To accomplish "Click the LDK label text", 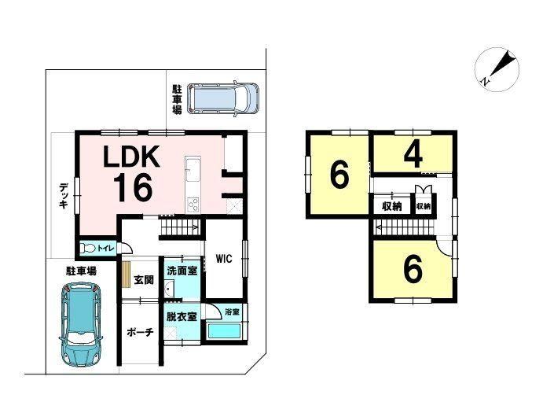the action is coord(131,157).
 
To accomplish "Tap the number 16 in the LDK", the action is coord(133,188).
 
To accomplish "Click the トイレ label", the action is coord(105,249).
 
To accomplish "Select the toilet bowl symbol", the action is coord(87,249).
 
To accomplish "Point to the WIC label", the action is coord(224,259).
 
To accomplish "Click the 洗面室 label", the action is coord(182,271).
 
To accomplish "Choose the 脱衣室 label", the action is coord(182,316).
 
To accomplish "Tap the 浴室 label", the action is coord(232,312).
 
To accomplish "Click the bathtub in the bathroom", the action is coord(225,330).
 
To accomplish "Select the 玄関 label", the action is coord(144,280).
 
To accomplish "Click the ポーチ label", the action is coord(140,333).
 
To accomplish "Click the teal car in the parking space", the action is coord(81,325).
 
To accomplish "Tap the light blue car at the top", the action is coord(223,98).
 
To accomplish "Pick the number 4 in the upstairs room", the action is coord(413,156).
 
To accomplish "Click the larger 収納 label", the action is coord(392,206).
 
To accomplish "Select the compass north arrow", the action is coord(498,68).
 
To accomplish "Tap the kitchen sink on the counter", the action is coord(192,166).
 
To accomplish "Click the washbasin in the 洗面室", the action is coord(169,288).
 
